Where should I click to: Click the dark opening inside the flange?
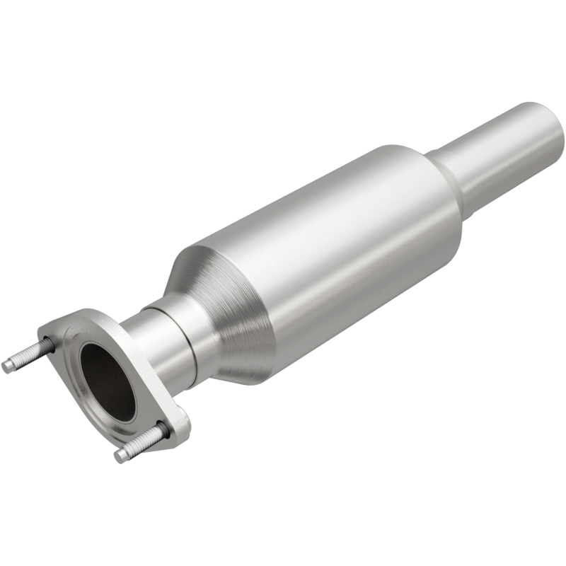(x=107, y=382)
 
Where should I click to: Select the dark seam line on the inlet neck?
(x=190, y=340)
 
